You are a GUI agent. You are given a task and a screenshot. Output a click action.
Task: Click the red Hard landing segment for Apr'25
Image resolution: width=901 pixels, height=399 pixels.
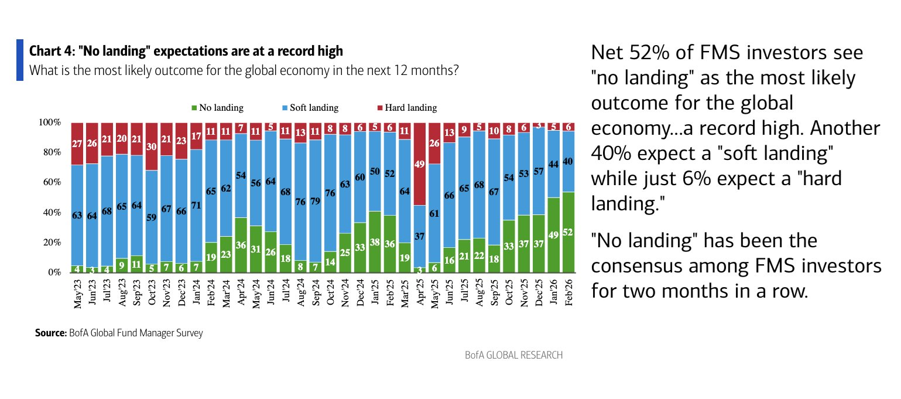click(419, 164)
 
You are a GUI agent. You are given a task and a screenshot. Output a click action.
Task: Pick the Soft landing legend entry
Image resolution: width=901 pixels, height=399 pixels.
click(310, 108)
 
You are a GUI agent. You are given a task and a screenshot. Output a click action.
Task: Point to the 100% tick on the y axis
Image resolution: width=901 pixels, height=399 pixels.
click(50, 122)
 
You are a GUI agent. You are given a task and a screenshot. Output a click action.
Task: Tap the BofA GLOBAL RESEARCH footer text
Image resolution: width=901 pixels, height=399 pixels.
click(513, 355)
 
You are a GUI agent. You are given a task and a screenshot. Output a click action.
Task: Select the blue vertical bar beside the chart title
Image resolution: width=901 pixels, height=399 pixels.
click(20, 60)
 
